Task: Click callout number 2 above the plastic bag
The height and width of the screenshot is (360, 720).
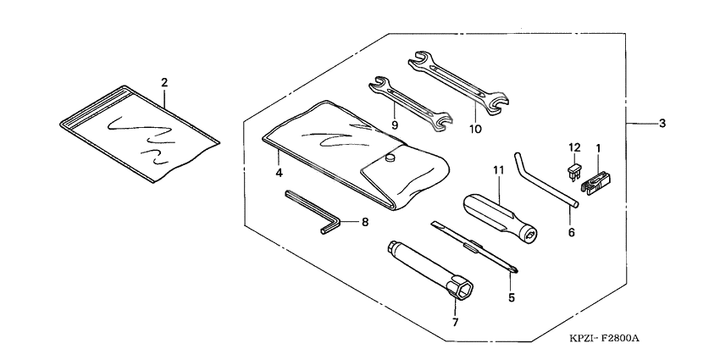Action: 164,82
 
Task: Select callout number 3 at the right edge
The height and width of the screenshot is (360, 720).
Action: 662,124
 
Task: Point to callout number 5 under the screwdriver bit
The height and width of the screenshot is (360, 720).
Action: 511,297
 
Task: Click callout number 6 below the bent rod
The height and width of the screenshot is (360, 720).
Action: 571,231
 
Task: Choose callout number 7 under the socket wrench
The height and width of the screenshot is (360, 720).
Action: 455,322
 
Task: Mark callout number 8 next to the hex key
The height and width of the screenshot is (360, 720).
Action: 365,223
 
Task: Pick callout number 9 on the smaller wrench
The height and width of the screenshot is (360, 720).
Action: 395,124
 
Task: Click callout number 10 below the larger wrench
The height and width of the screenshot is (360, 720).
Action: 474,129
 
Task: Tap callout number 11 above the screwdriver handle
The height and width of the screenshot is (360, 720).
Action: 498,170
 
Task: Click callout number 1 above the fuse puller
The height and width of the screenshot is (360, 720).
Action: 599,148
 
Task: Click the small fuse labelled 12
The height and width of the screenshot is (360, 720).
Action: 573,174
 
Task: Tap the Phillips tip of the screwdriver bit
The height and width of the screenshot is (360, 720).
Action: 513,270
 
